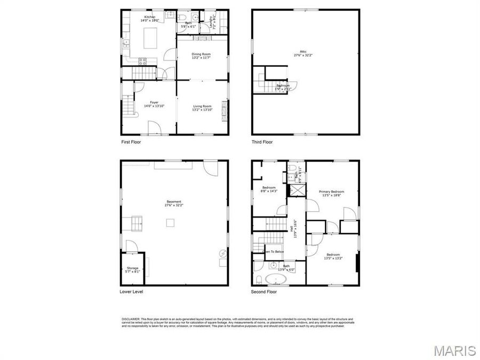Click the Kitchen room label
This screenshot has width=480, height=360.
(x=149, y=17)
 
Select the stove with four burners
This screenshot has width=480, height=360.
(x=143, y=60)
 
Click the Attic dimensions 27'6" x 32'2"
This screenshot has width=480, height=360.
(x=303, y=55)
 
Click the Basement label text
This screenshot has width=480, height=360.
(x=174, y=202)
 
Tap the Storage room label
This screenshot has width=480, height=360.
(x=132, y=268)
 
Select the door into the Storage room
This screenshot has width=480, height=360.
(x=131, y=246)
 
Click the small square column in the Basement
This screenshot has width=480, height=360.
(x=170, y=224)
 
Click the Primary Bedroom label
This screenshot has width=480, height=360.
(x=331, y=191)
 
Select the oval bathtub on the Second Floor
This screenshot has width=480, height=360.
(x=276, y=279)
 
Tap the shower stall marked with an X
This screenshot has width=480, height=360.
(x=293, y=190)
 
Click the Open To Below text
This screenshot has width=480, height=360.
(x=272, y=251)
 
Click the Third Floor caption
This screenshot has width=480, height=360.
(x=262, y=142)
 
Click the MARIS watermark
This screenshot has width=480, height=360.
(x=454, y=350)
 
